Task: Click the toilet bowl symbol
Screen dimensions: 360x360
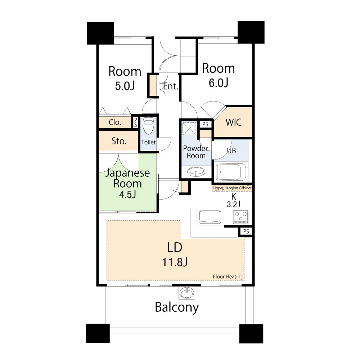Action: click(x=148, y=125)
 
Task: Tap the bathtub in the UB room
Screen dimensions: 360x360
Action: click(x=231, y=172)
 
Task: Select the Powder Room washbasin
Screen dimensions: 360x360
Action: click(x=196, y=172)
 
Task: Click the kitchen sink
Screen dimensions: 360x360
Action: click(x=210, y=217)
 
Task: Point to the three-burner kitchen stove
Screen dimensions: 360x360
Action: click(x=240, y=217)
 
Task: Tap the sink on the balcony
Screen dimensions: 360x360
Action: click(x=187, y=293)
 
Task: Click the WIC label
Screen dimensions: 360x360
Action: click(x=234, y=122)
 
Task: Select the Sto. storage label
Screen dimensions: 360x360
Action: click(x=119, y=141)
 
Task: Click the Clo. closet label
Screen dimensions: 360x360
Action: click(x=115, y=122)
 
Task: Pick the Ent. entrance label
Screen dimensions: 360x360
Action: click(x=171, y=86)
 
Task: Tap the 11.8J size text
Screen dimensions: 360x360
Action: click(x=175, y=262)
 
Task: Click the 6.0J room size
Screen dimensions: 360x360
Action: click(x=219, y=83)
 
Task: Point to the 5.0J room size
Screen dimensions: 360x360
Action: click(x=125, y=86)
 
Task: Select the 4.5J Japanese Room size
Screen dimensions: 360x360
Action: click(x=128, y=194)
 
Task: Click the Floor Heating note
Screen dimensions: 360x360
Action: click(x=228, y=276)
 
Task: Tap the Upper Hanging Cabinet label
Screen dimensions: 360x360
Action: click(x=232, y=188)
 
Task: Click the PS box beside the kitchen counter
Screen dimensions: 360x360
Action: click(x=246, y=231)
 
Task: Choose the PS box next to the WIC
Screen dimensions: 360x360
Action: click(x=205, y=124)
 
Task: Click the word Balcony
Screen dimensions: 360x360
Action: click(x=177, y=307)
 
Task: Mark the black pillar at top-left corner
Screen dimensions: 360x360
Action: click(x=100, y=33)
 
